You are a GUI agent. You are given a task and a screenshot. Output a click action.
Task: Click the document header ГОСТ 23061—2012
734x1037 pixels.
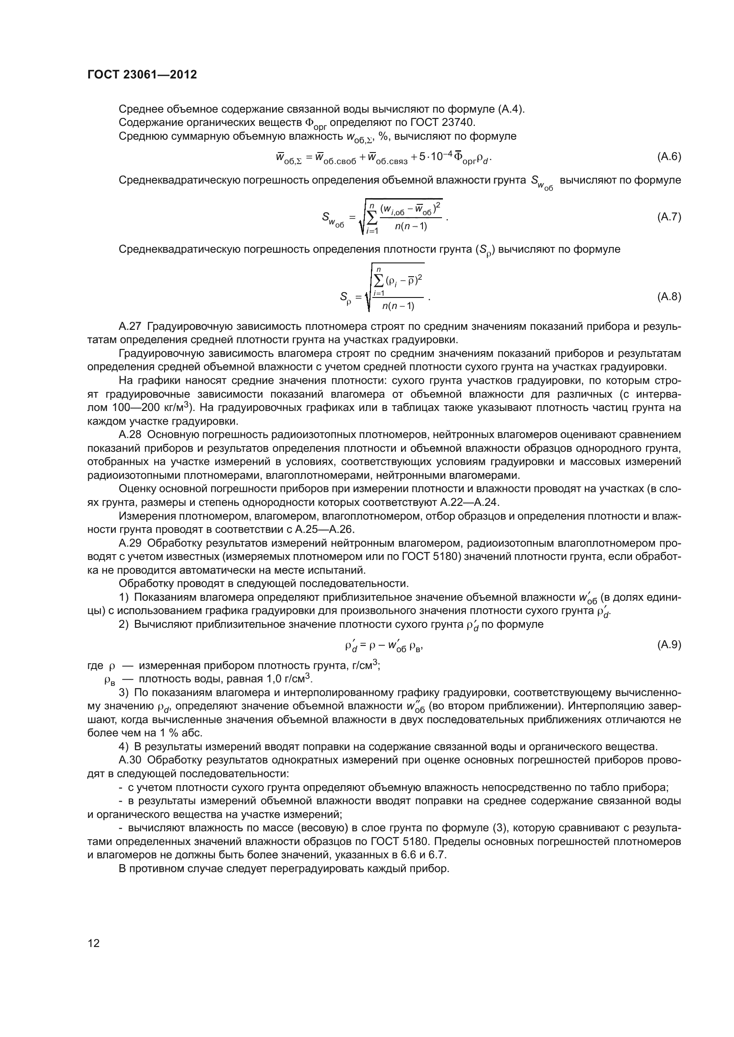pos(142,74)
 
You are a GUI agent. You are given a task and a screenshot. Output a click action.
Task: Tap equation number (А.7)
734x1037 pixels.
pos(668,217)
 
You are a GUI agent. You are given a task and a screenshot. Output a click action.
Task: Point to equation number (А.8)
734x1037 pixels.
pos(668,297)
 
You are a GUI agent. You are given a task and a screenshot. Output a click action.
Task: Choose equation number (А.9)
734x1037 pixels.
pos(668,645)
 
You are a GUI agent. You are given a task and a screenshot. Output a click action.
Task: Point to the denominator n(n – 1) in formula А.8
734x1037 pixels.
pos(398,306)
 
